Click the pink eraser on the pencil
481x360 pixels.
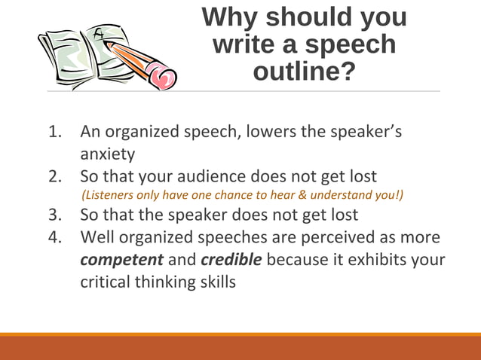click(162, 75)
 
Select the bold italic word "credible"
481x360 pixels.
click(231, 261)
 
